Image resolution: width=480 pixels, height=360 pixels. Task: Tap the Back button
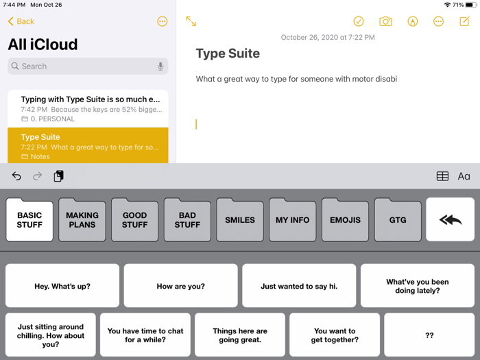click(x=21, y=21)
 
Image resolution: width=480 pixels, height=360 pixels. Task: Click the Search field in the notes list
click(x=82, y=67)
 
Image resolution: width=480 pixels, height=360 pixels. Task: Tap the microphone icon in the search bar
click(x=160, y=67)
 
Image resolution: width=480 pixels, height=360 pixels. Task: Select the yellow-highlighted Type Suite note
click(x=88, y=145)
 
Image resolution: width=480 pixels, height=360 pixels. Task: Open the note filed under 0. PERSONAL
click(x=88, y=108)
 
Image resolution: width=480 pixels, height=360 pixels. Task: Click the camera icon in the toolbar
click(x=385, y=21)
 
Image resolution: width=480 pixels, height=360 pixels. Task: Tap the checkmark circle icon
click(x=359, y=21)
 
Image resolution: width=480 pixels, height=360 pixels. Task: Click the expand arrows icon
click(x=191, y=21)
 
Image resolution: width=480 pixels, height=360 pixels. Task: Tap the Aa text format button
click(x=464, y=176)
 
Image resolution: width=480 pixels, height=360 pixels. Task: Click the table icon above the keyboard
click(x=442, y=176)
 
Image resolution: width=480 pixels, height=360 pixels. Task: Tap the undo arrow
click(x=16, y=176)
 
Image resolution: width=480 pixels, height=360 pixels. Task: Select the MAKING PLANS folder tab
click(x=82, y=220)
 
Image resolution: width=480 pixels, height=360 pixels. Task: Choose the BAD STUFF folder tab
click(x=187, y=220)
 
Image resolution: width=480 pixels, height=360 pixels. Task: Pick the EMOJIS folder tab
click(x=345, y=220)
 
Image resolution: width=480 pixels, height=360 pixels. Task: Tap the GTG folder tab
click(x=398, y=220)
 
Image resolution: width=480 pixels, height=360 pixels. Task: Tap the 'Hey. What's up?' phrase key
click(x=62, y=286)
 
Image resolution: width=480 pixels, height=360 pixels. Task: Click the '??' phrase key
click(x=429, y=335)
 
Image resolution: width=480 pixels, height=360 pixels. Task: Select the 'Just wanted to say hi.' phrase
click(x=299, y=286)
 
